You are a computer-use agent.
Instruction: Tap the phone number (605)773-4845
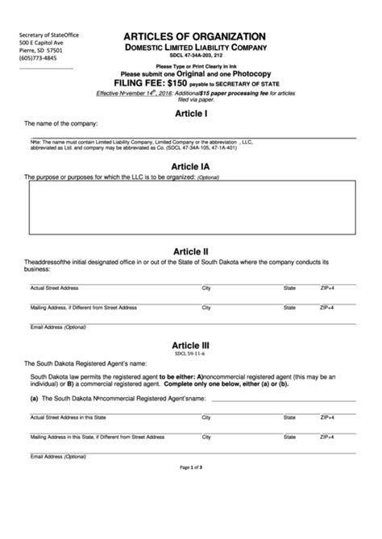tap(39, 59)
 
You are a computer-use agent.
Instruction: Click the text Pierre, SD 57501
tap(42, 51)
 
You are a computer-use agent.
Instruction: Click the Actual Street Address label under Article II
tap(54, 288)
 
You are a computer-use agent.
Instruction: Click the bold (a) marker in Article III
tap(35, 399)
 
